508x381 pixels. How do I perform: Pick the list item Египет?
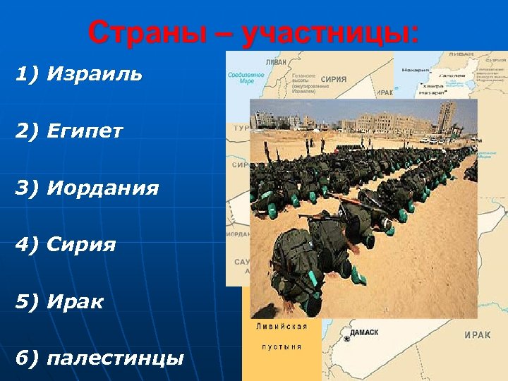coord(85,131)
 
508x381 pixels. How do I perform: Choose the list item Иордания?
coord(103,188)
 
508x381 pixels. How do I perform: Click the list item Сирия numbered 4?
coord(82,245)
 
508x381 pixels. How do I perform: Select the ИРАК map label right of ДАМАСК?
coord(478,335)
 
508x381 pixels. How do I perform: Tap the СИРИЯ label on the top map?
coord(334,79)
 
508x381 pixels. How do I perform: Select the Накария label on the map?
coord(415,70)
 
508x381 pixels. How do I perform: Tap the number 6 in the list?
coord(23,358)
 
